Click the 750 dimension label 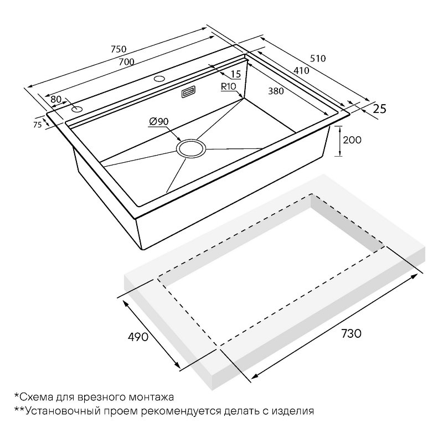pos(119,49)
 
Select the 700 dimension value pos(126,61)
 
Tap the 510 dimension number pos(318,58)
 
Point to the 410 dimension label pos(301,70)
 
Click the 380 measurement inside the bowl pos(276,91)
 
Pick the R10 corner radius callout pos(228,87)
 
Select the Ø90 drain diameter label pos(158,121)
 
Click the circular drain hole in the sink pos(191,148)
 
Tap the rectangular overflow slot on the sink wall pos(189,92)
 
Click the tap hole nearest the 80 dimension pos(76,109)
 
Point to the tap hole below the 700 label pos(159,79)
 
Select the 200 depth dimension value pos(352,140)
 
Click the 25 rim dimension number pos(379,109)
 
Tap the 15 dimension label pos(236,74)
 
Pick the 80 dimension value pos(56,99)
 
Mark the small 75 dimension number pos(37,124)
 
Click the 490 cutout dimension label pos(138,337)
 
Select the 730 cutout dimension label pos(351,334)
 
